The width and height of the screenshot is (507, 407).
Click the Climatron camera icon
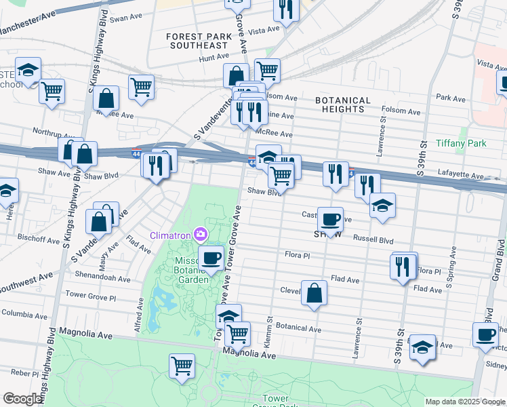click(201, 235)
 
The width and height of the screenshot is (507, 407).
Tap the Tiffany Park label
click(462, 144)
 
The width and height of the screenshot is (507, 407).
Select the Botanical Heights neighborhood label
click(343, 104)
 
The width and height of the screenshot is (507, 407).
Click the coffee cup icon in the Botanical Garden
click(211, 258)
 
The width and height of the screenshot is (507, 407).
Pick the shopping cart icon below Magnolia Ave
click(182, 366)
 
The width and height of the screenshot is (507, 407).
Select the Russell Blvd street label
click(373, 239)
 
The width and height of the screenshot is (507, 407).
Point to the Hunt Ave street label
click(214, 59)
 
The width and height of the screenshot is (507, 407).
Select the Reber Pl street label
click(24, 372)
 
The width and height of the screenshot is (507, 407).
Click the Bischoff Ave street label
click(40, 239)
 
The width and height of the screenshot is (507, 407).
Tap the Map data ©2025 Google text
click(465, 402)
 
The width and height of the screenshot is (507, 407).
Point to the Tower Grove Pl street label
click(91, 297)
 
